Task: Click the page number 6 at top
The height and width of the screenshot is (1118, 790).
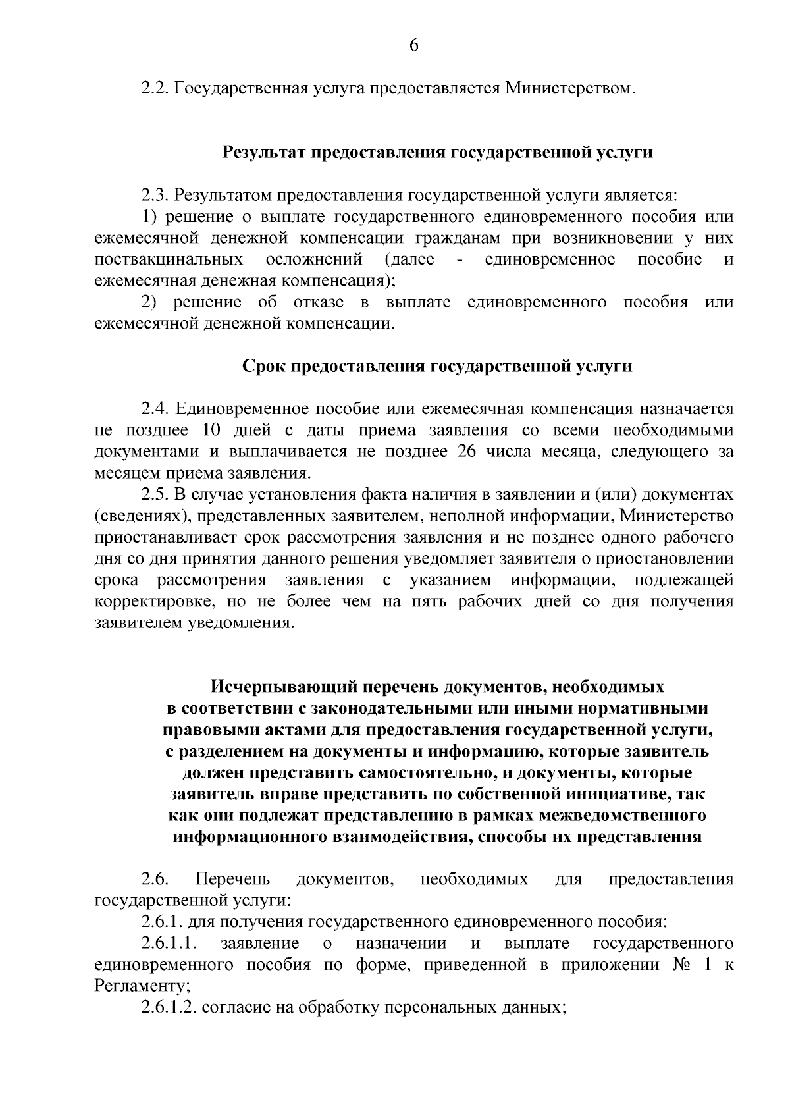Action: pos(413,45)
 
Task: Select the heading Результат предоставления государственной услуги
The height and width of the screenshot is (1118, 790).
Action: pos(438,153)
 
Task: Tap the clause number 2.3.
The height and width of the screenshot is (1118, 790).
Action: pos(156,196)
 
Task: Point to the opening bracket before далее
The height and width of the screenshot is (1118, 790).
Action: pos(387,259)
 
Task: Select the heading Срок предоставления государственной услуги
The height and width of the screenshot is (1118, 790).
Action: pos(438,366)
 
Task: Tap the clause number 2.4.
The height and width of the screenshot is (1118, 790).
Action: pos(156,409)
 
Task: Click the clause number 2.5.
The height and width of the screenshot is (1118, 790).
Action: pos(156,494)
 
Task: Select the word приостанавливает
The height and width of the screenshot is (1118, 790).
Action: pos(160,537)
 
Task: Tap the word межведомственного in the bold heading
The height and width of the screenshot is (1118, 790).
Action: pos(622,816)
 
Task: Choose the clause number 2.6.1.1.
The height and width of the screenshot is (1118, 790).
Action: pos(169,944)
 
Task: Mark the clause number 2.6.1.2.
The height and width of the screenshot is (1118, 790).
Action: pos(169,1008)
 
